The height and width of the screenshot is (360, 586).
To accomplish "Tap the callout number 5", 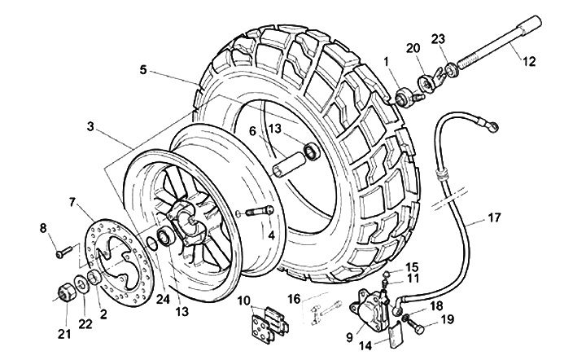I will pos(143,71).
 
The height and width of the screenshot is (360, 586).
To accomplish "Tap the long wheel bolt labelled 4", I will pos(256,213).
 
